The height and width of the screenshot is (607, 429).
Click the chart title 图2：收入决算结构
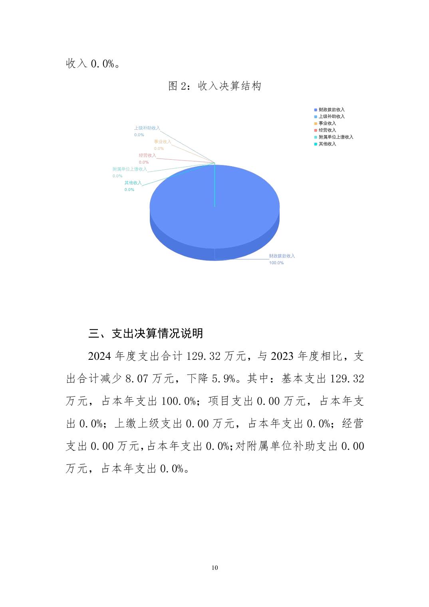214,86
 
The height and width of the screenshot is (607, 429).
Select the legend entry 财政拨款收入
331,109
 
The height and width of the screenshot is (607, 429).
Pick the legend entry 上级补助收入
331,116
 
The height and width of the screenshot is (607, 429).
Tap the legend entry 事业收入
327,123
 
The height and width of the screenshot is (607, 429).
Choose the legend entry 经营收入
327,130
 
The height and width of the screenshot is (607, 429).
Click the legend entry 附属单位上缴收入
336,137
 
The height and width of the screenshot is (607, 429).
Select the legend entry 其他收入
327,144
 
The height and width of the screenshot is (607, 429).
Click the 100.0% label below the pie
276,263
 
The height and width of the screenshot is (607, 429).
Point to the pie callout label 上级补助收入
147,128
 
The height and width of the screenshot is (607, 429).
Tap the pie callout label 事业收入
163,142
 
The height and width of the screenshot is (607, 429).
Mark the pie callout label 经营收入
147,155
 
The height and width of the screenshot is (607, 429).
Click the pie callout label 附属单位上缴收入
130,169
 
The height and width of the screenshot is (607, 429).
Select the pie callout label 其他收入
133,183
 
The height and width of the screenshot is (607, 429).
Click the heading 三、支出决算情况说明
146,333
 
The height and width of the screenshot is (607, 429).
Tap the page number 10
215,567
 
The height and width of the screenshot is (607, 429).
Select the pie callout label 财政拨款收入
282,256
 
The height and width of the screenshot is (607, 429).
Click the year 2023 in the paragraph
282,356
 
